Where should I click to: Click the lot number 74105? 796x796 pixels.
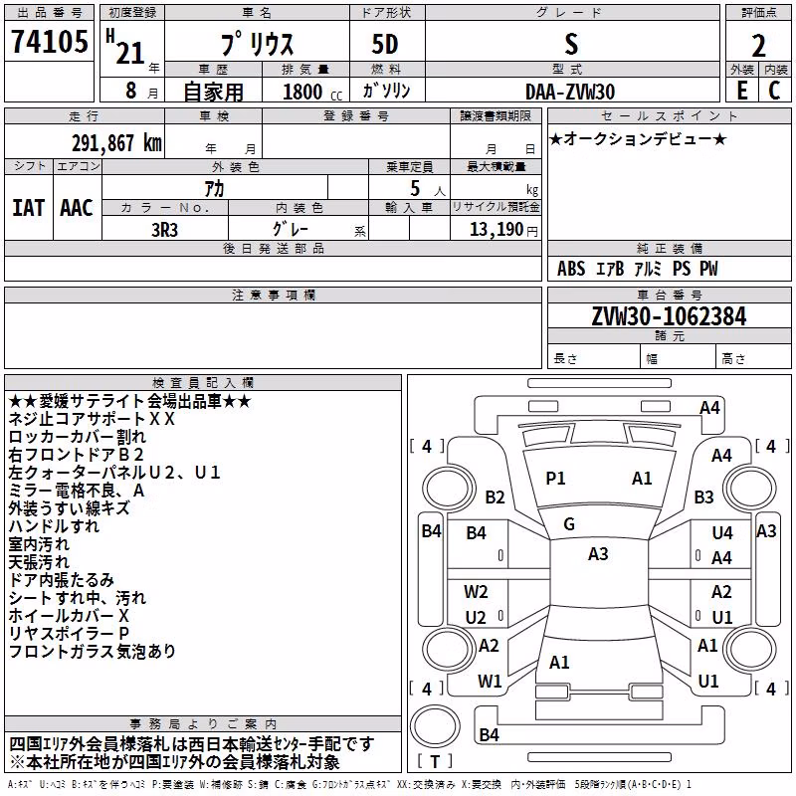point(49,41)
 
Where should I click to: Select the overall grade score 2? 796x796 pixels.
point(758,46)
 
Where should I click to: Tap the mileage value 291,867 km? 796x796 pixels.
point(116,143)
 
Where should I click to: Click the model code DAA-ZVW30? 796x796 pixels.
point(570,92)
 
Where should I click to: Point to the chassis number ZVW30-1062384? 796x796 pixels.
point(669,316)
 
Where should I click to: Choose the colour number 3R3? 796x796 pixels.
point(164,230)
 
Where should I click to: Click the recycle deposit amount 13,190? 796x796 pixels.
point(496,230)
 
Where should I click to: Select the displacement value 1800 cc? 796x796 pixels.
point(311,92)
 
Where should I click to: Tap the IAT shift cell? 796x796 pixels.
point(29,208)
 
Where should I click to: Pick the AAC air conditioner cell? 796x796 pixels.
point(77,208)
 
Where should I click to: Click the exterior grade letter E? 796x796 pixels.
point(741,91)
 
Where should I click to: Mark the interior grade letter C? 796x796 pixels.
point(774,91)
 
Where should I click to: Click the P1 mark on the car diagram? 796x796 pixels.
point(555,479)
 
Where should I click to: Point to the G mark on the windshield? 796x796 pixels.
point(569,524)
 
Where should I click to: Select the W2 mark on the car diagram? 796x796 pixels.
point(476,592)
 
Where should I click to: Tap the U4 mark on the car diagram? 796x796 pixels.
point(722,533)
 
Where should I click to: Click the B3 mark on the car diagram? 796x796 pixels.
point(703,497)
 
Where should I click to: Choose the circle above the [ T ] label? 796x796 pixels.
point(435,725)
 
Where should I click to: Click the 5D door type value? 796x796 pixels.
point(385,45)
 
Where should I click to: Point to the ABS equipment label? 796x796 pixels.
point(571,269)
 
